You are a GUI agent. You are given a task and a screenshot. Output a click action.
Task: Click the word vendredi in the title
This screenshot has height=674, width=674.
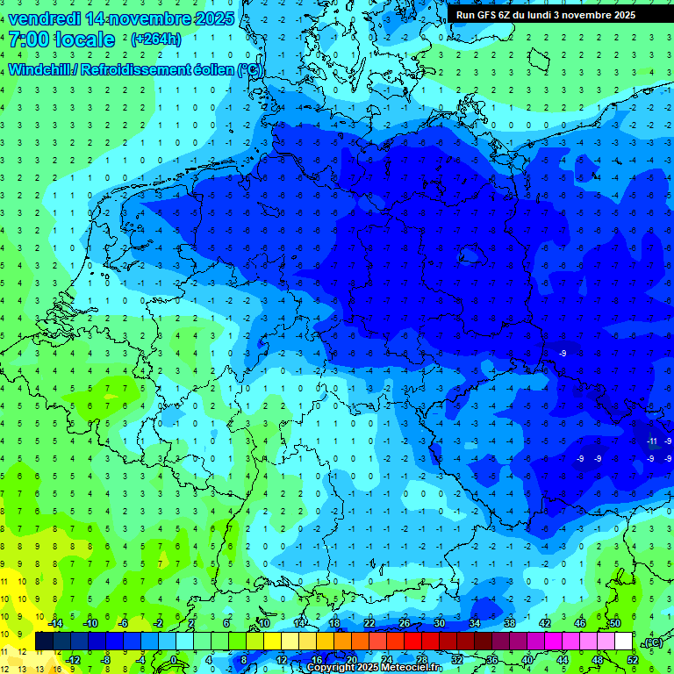coord(45,18)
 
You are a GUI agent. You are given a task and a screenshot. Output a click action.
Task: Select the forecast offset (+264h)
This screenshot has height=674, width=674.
coord(155,39)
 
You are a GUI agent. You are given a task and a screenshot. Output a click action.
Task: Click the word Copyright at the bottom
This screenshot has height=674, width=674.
coord(336,668)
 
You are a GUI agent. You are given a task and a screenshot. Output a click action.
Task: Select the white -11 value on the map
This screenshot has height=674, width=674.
coord(652,441)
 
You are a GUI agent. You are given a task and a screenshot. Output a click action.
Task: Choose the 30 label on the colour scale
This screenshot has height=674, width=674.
coord(439,623)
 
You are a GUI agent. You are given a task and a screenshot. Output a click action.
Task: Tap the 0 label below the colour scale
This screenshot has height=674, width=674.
coord(173,660)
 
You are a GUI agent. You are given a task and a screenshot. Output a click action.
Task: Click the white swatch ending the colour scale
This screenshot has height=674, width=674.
coord(623,642)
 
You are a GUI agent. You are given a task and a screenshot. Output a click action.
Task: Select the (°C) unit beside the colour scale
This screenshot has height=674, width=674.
coord(652,642)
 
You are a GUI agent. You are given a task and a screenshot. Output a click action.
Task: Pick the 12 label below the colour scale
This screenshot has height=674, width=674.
coord(281,660)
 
